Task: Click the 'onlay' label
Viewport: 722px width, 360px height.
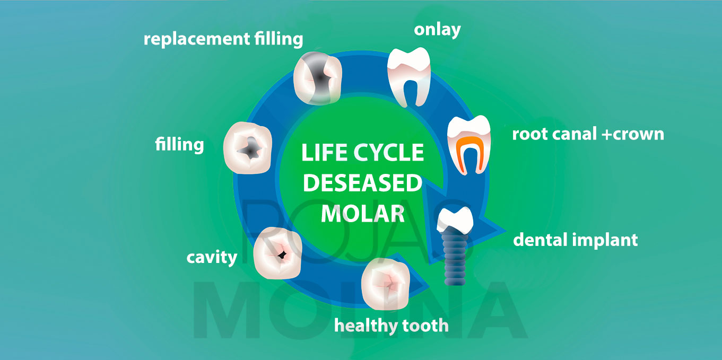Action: [437, 30]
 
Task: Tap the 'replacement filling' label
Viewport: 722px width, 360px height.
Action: [223, 39]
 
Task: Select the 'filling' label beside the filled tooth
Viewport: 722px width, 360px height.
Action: [179, 144]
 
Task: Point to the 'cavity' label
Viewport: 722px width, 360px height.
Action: [212, 257]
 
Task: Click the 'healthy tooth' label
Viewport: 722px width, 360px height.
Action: [392, 326]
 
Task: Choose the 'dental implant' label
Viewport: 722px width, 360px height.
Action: [576, 240]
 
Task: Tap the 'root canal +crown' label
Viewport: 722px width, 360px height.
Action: [588, 134]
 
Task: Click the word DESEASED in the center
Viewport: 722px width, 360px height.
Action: [362, 183]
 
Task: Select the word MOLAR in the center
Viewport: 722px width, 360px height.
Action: [363, 214]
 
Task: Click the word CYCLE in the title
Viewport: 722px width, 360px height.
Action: [388, 152]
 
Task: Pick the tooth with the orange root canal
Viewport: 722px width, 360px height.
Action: [469, 145]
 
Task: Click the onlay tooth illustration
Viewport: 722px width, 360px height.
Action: [409, 77]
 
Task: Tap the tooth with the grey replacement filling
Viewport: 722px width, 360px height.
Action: [318, 78]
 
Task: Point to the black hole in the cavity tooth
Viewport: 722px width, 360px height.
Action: [282, 255]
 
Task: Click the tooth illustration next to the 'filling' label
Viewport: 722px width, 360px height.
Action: [248, 148]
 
